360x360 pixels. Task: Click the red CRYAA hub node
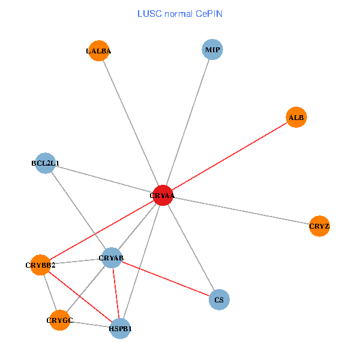point(163,196)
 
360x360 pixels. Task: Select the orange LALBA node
point(98,51)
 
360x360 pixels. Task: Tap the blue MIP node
point(212,49)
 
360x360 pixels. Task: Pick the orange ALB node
point(296,118)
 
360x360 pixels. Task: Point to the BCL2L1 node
point(46,163)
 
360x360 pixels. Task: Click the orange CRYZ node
point(320,226)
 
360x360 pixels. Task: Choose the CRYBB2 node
point(40,265)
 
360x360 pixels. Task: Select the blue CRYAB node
point(112,259)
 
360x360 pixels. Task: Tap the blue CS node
point(219,299)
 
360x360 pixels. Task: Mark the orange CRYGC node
point(59,320)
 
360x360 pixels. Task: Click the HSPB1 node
point(120,329)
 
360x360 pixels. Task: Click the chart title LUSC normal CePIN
point(180,13)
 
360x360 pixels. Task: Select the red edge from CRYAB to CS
point(166,279)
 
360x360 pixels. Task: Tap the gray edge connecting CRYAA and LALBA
point(131,124)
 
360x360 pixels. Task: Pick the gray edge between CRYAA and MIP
point(187,122)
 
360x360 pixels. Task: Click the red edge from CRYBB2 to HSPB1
point(80,296)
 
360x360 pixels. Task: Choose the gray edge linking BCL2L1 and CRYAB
point(79,211)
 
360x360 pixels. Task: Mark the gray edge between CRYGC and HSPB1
point(90,325)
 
